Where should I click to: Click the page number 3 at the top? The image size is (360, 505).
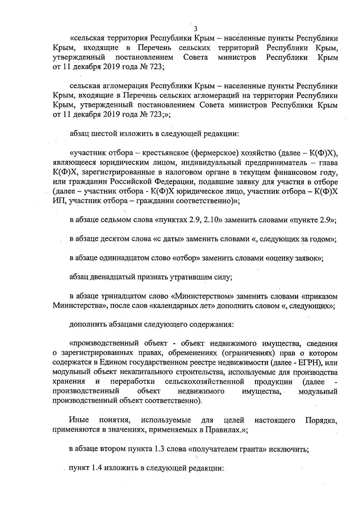click(x=196, y=29)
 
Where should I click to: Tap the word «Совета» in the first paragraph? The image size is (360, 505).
click(x=196, y=57)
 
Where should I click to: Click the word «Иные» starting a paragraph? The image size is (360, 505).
click(x=77, y=420)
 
